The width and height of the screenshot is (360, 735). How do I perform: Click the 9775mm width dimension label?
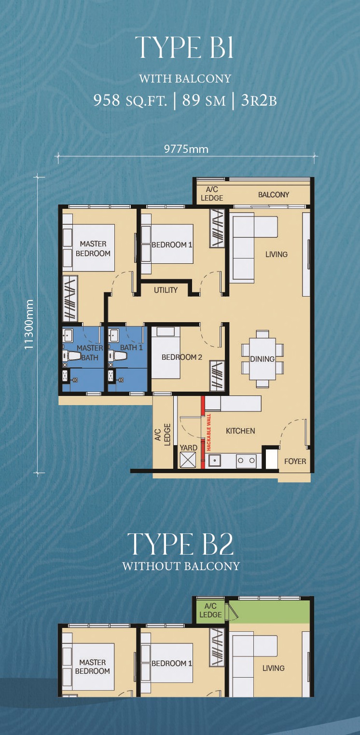click(186, 150)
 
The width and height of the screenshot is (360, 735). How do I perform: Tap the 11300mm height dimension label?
click(29, 324)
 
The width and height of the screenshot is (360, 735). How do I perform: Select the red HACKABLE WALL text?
click(209, 432)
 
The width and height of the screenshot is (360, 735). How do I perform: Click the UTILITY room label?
click(166, 290)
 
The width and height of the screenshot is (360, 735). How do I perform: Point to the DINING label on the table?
click(262, 359)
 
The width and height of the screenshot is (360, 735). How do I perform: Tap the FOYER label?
click(295, 462)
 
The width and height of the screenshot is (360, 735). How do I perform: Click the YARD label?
click(188, 448)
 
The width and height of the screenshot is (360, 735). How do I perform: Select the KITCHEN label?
click(240, 431)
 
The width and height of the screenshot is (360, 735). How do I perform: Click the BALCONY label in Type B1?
click(274, 194)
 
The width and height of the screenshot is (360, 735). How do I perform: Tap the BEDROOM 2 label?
click(181, 357)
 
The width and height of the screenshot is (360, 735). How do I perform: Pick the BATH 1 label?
click(131, 347)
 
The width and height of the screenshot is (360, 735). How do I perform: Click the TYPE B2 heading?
click(180, 544)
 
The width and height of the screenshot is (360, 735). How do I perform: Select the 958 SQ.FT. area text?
click(130, 100)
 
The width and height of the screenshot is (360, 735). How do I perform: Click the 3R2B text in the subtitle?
click(259, 100)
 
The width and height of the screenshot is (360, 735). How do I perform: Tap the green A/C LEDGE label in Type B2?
click(210, 610)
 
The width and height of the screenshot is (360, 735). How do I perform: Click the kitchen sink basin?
click(215, 461)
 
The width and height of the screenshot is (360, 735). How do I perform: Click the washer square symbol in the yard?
click(188, 460)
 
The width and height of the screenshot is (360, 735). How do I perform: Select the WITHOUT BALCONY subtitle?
click(181, 566)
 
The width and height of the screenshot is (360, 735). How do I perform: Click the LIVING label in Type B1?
click(276, 254)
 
